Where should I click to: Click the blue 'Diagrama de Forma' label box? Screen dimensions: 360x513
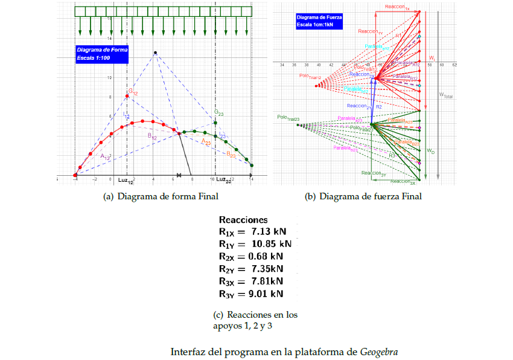(x=102, y=54)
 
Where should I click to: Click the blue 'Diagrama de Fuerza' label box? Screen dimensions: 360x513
(x=319, y=21)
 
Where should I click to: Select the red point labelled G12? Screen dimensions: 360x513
(x=127, y=96)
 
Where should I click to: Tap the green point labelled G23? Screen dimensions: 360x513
(x=215, y=123)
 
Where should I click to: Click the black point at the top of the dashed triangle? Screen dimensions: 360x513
(x=155, y=53)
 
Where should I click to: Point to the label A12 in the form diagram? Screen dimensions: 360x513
(x=106, y=156)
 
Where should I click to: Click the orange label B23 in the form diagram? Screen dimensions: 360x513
(x=231, y=155)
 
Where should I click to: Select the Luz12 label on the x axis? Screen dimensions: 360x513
(x=126, y=180)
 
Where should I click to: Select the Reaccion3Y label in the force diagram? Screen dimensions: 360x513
(x=374, y=173)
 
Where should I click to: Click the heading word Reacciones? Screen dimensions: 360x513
(x=243, y=220)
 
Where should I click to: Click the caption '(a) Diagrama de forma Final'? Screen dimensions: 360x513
(x=161, y=196)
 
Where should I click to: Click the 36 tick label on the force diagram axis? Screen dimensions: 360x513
(x=294, y=64)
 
